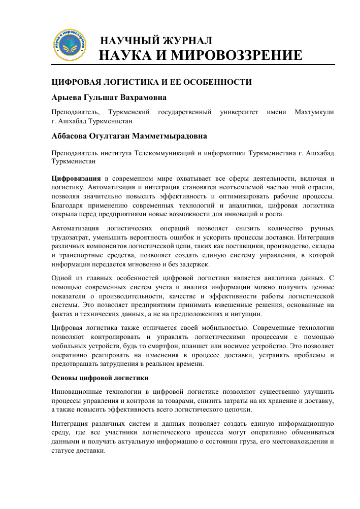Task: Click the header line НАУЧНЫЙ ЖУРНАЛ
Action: coord(157,41)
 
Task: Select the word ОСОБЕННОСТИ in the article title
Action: coord(214,81)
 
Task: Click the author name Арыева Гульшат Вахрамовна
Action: coord(109,97)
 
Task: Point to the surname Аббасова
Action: coord(74,136)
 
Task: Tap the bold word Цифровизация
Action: coord(76,179)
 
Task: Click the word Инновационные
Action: coord(77,392)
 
